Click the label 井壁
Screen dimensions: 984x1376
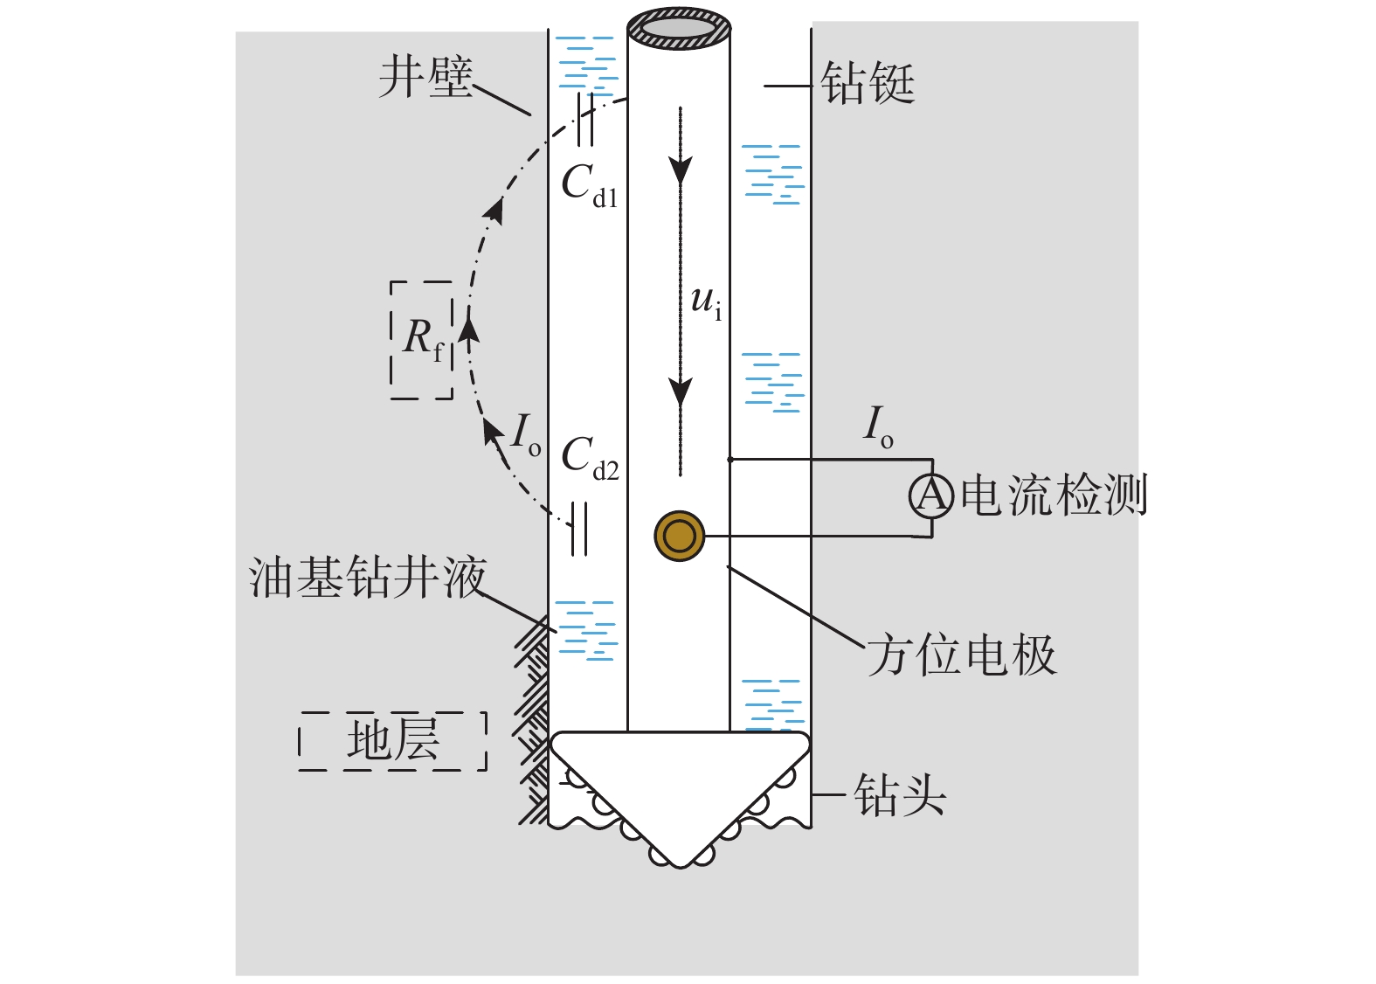pyautogui.click(x=425, y=78)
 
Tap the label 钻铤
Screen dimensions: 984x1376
pyautogui.click(x=868, y=85)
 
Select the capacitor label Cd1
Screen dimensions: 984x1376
pyautogui.click(x=589, y=185)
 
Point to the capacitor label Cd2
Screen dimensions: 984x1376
pyautogui.click(x=590, y=457)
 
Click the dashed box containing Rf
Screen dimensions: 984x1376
pyautogui.click(x=422, y=340)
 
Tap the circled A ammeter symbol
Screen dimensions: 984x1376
pyautogui.click(x=931, y=496)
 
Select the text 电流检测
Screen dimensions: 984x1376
pyautogui.click(x=1053, y=495)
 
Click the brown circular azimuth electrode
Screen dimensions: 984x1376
pyautogui.click(x=679, y=536)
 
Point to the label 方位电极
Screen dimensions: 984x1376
pyautogui.click(x=962, y=655)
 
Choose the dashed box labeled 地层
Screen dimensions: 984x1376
pyautogui.click(x=393, y=741)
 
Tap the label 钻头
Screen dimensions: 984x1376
pyautogui.click(x=900, y=795)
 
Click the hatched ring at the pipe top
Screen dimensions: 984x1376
pyautogui.click(x=679, y=29)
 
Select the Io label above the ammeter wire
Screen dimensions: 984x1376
pyautogui.click(x=878, y=426)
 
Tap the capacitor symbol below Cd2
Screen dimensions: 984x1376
pyautogui.click(x=578, y=529)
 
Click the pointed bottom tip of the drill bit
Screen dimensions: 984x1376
pyautogui.click(x=680, y=863)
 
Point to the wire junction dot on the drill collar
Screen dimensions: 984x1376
pyautogui.click(x=730, y=459)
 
